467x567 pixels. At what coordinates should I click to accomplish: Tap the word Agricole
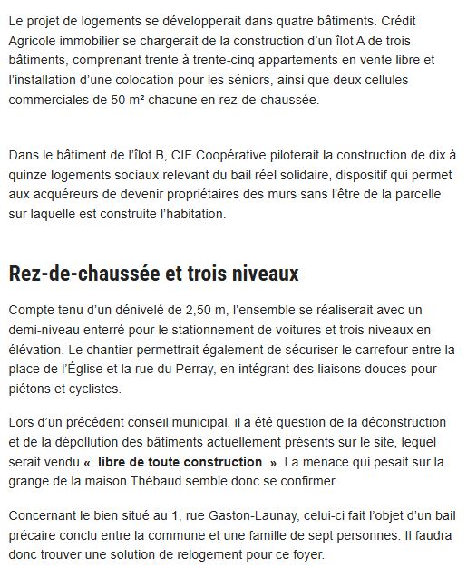[35, 40]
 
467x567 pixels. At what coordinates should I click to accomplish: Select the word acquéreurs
[69, 195]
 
